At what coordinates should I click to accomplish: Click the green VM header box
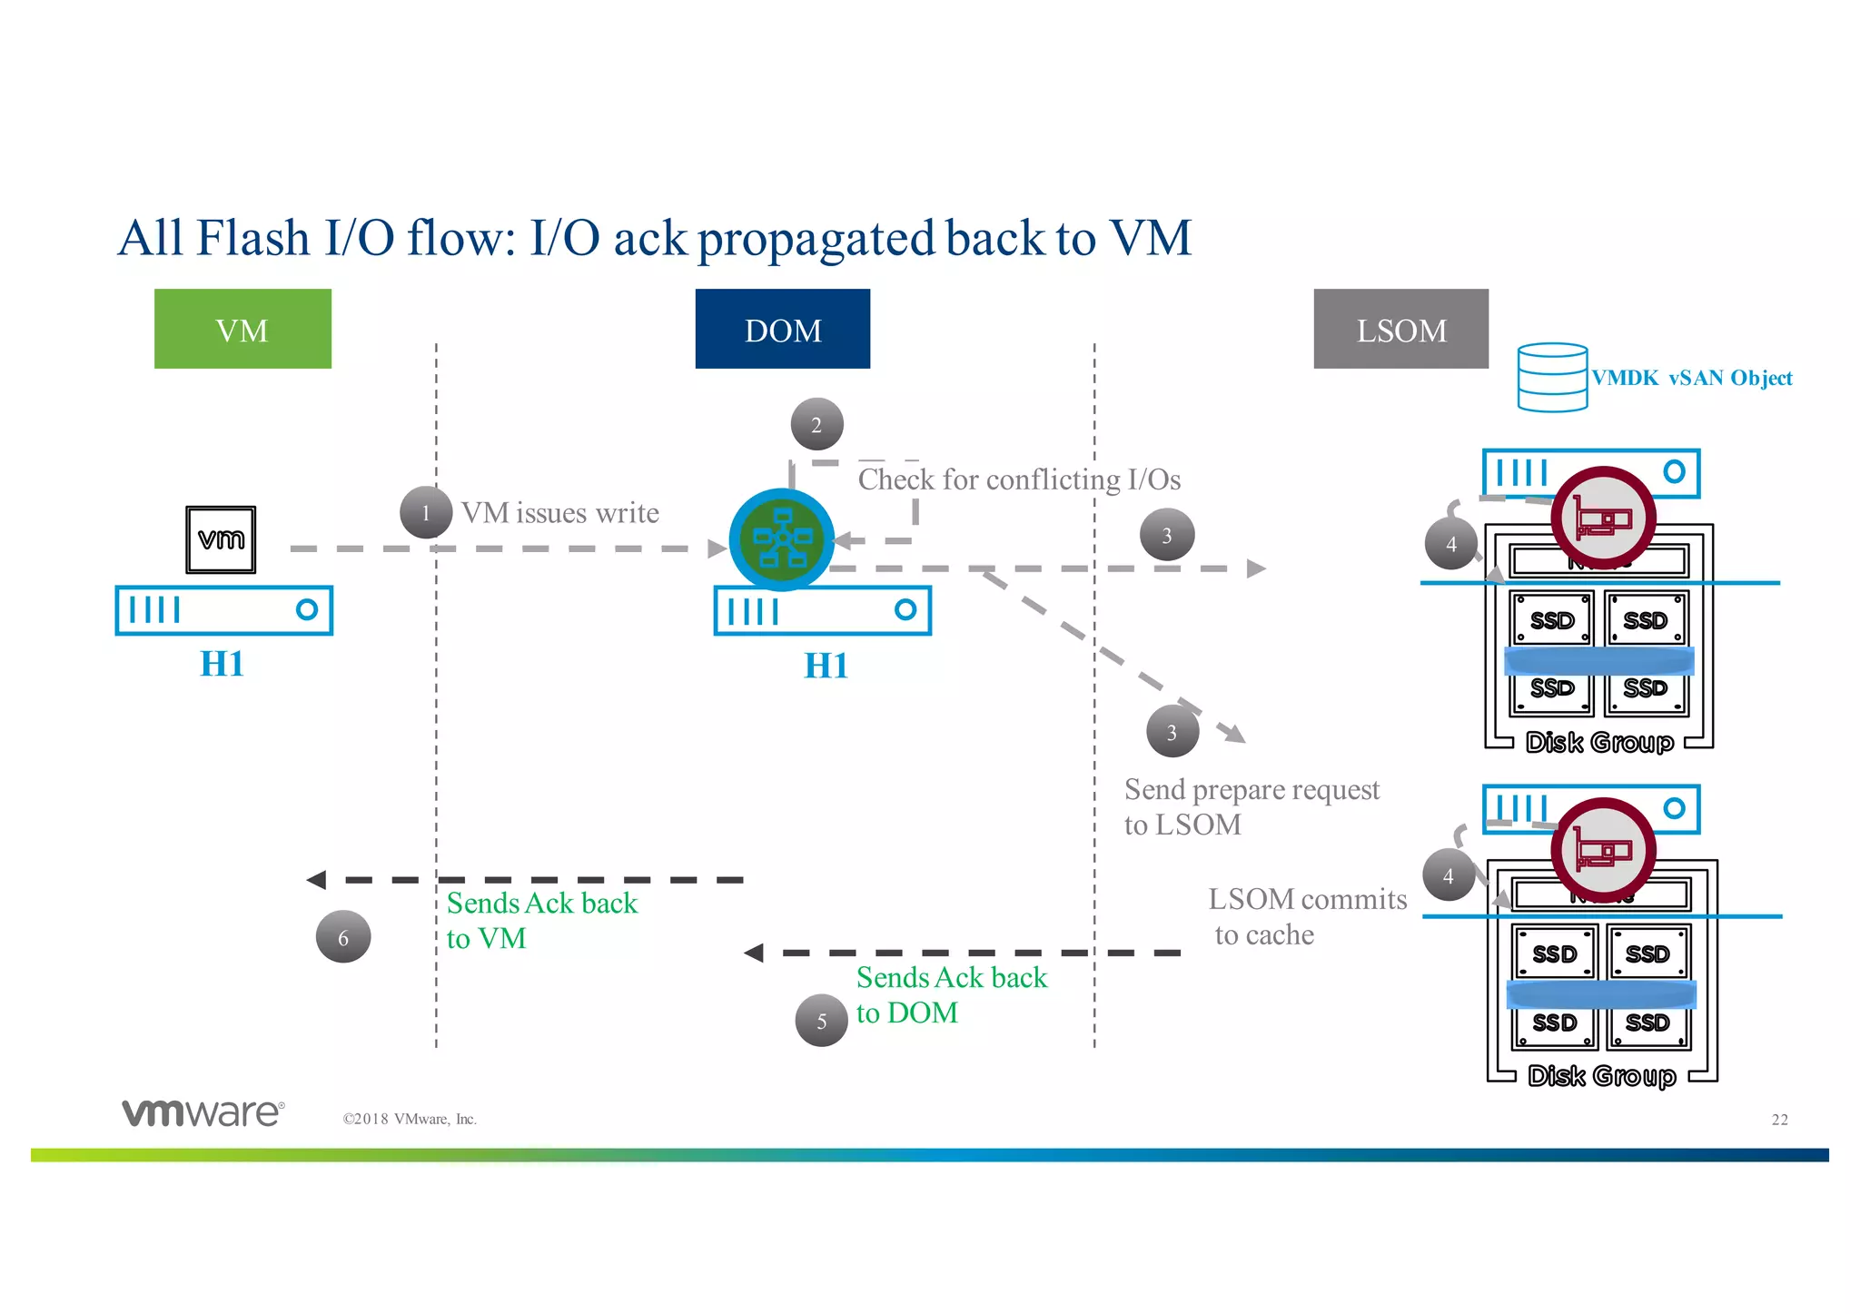242,329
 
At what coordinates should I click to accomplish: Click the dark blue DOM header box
782,329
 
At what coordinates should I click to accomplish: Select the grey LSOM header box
1400,329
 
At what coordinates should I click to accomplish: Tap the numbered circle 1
425,513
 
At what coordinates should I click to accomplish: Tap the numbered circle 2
816,424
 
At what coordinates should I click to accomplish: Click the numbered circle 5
821,1021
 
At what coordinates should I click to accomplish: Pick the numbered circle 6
342,937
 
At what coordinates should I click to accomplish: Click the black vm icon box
221,539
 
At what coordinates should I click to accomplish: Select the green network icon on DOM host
781,539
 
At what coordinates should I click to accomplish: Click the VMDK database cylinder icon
1552,377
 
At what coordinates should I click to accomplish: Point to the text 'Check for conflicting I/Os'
1019,479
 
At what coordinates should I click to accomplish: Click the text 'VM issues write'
559,513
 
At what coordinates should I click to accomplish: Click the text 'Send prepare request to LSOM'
1251,806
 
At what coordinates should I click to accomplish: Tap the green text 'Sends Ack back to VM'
541,920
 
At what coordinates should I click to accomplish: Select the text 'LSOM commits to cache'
1306,916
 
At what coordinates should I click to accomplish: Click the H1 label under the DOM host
826,666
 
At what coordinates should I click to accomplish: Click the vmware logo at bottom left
203,1112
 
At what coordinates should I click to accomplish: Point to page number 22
1779,1120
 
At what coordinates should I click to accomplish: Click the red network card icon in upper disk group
1603,519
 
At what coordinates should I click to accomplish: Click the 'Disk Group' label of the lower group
1601,1076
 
